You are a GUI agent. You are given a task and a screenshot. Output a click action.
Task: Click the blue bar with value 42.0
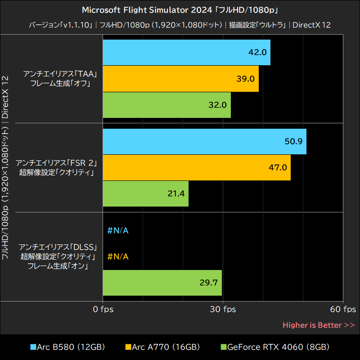pos(186,52)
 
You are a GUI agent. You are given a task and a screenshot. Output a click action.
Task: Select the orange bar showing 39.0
pos(180,79)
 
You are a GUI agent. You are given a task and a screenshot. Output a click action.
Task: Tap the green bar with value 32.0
pos(166,105)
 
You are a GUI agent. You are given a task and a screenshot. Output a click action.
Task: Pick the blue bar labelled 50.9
pos(204,141)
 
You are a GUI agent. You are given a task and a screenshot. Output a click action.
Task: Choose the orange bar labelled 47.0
pos(197,167)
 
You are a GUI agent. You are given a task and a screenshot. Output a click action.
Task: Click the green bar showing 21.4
pos(145,193)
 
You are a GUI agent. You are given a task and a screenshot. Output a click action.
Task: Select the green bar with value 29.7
pos(162,283)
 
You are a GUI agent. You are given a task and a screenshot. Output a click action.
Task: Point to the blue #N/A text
pos(118,231)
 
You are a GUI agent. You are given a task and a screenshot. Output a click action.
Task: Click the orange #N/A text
pos(118,257)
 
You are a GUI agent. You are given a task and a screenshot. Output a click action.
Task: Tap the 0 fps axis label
pos(103,310)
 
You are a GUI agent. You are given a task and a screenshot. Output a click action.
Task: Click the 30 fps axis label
pos(224,310)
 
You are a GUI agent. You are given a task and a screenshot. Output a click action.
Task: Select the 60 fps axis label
pos(343,310)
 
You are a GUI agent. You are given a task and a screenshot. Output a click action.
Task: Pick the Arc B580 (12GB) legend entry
pos(67,347)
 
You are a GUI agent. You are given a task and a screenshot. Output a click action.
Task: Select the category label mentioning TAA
pos(57,79)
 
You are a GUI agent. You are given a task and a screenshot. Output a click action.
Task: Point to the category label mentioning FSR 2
pos(57,167)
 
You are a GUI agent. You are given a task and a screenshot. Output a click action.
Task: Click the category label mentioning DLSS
pos(57,256)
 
